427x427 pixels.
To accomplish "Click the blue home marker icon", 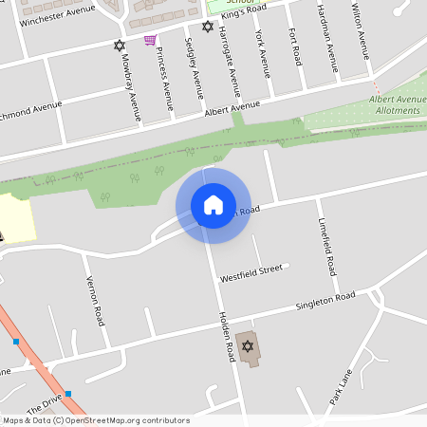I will click(213, 204).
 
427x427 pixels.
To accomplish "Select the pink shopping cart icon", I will click(150, 40).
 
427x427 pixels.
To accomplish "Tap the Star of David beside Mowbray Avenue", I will click(119, 45).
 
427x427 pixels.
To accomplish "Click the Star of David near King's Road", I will click(208, 27).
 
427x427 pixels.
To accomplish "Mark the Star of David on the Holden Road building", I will click(248, 346).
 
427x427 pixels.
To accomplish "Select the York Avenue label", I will click(263, 51).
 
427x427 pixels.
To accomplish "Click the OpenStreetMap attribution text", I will click(95, 420).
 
